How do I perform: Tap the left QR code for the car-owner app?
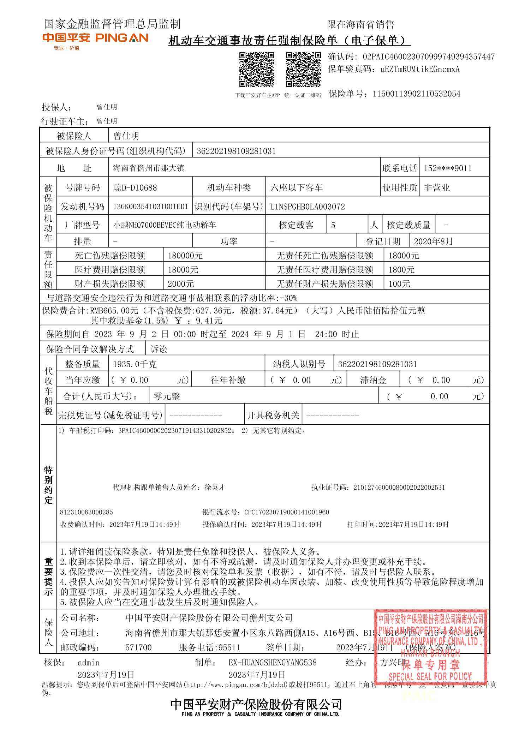coord(257,70)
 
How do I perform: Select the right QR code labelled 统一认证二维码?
coord(303,70)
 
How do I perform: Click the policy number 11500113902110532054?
coord(416,94)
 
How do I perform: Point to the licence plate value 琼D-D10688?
coord(135,188)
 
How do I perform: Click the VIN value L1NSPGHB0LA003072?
coord(307,207)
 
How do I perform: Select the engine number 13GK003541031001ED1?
coord(150,207)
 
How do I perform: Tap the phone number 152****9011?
coord(447,168)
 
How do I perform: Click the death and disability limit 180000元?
coord(185,256)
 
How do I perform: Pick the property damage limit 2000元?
coord(180,284)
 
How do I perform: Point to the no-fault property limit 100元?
coord(399,284)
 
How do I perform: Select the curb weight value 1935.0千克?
coord(135,364)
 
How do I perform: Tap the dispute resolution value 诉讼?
coord(159,349)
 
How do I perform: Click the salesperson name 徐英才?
coord(215,488)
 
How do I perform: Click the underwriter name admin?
coord(89,663)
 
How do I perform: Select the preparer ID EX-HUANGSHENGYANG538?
coord(272,663)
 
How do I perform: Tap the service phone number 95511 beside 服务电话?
coord(229,647)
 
